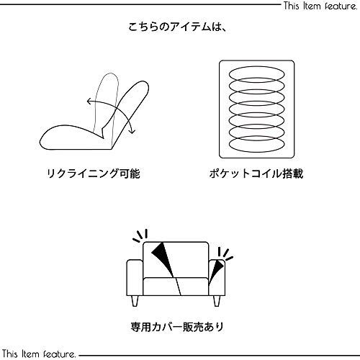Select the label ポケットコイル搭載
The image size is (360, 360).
[x=258, y=174]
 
